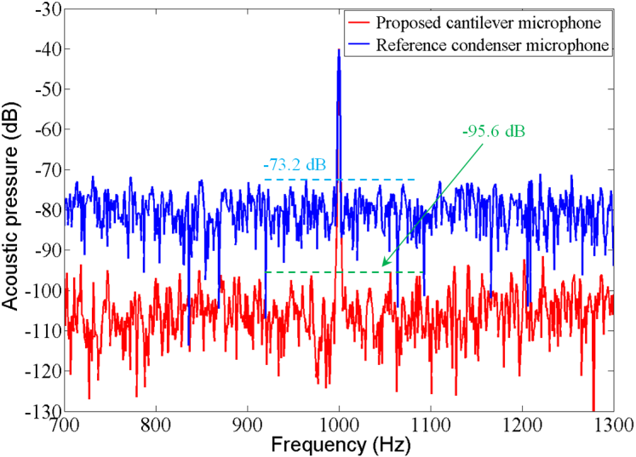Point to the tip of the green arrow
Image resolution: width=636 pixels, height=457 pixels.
pyautogui.click(x=382, y=266)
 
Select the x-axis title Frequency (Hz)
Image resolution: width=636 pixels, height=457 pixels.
pyautogui.click(x=339, y=445)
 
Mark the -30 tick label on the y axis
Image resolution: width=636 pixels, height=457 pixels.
pyautogui.click(x=44, y=9)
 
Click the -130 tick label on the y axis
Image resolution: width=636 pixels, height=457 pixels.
pyautogui.click(x=41, y=412)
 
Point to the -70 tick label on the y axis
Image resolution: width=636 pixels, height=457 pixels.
pyautogui.click(x=44, y=170)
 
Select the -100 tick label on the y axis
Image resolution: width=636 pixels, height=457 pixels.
pyautogui.click(x=41, y=291)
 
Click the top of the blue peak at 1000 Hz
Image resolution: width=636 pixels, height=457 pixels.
pyautogui.click(x=339, y=49)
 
